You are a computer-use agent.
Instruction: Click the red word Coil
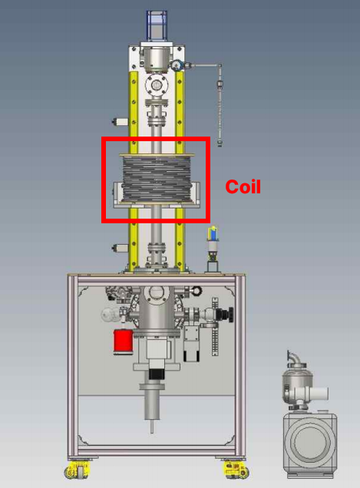tap(243, 186)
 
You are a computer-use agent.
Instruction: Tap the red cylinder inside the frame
tap(124, 341)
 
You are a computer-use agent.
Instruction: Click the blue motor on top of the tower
tap(157, 26)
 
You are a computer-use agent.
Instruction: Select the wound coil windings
tap(157, 179)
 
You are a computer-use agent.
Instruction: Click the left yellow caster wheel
tap(78, 470)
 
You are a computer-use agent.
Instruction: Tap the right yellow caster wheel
tap(236, 470)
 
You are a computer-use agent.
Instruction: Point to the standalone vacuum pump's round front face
tap(309, 441)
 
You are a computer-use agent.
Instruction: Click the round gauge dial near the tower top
tap(177, 64)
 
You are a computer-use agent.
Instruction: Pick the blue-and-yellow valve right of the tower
tap(213, 234)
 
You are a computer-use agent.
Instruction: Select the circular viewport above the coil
tap(157, 84)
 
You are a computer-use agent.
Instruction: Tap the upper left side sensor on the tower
tap(121, 122)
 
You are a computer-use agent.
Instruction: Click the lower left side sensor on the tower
tap(121, 248)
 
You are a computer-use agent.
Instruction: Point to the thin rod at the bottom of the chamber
tap(152, 427)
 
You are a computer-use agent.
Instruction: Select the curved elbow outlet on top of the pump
tap(293, 358)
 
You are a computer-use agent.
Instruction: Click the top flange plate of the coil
tap(157, 155)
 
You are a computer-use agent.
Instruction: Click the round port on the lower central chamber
tap(156, 292)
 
